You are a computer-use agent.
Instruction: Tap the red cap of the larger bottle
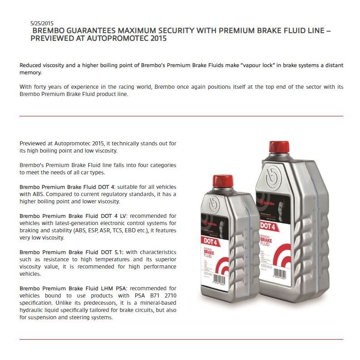279,147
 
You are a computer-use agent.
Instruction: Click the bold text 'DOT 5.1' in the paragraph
103,252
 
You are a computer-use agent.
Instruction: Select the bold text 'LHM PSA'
104,288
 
